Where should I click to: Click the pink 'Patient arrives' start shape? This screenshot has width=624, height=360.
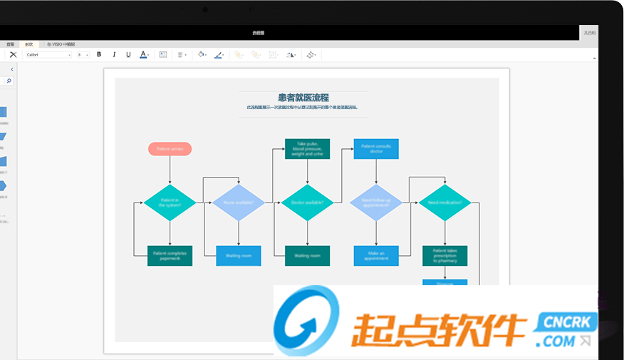[170, 149]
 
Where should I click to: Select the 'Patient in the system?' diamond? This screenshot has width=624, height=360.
[170, 202]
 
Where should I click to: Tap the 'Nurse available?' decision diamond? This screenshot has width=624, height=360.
[238, 202]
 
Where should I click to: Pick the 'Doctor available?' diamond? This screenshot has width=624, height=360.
[307, 202]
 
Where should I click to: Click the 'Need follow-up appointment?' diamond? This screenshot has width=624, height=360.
[376, 202]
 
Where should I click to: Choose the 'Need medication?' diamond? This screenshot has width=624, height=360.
[444, 202]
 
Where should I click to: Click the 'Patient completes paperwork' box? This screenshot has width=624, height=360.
[170, 256]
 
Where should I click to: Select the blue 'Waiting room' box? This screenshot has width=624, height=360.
[238, 256]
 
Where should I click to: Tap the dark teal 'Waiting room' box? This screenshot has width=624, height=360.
[307, 256]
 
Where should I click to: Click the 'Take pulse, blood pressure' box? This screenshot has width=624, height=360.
[307, 149]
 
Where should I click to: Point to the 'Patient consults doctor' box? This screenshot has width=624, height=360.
[376, 149]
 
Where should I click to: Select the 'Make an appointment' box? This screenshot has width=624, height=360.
[376, 256]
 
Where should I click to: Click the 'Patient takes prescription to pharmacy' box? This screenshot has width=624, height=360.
[444, 256]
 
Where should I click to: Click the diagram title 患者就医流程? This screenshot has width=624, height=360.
[303, 98]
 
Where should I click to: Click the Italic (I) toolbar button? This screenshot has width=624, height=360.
[114, 54]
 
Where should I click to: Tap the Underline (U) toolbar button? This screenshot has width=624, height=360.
[128, 54]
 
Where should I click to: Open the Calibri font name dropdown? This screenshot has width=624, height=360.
[48, 54]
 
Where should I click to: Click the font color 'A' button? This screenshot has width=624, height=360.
[143, 54]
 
